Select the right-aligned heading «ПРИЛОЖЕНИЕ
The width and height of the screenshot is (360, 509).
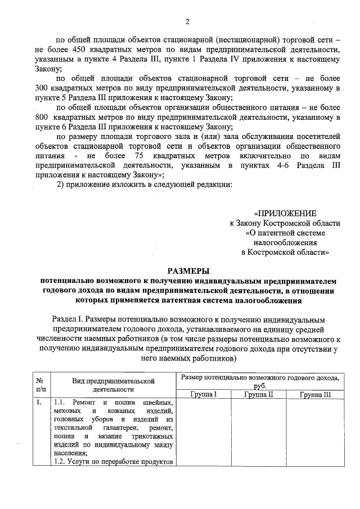point(285,213)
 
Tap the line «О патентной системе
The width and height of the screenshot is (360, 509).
point(285,233)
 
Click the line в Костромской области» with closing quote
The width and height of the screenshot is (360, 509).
point(285,253)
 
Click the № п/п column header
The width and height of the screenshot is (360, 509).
point(40,385)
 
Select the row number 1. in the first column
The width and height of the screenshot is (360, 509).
point(38,403)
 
